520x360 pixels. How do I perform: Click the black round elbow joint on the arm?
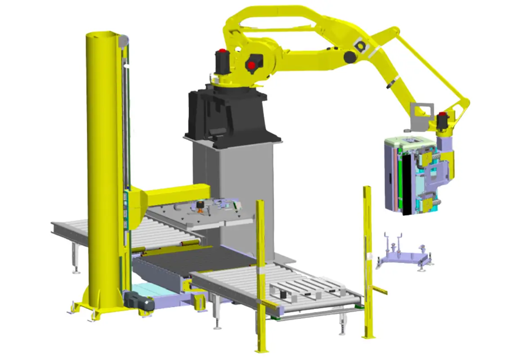pyautogui.click(x=349, y=57)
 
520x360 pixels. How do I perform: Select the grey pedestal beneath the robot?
pyautogui.click(x=234, y=180)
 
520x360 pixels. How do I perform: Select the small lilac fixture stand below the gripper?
pyautogui.click(x=403, y=256)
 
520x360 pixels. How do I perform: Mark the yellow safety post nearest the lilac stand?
pyautogui.click(x=368, y=261)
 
